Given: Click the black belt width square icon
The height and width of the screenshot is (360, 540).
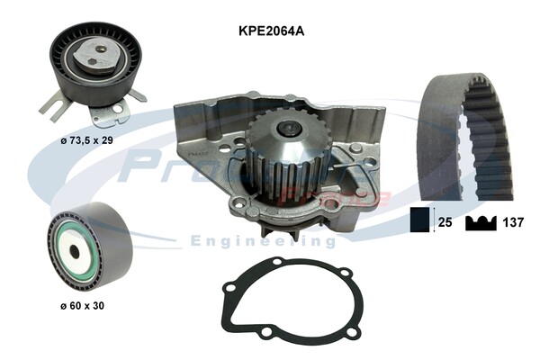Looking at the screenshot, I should (418, 219).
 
